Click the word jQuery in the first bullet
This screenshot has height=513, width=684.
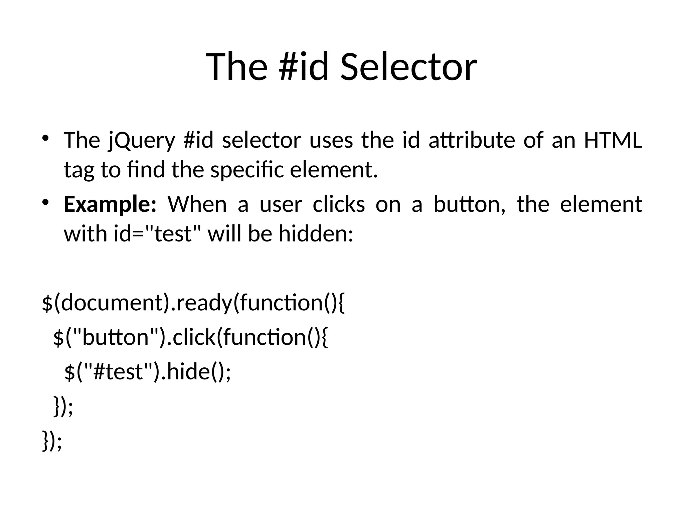point(142,140)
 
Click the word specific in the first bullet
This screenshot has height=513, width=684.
point(247,170)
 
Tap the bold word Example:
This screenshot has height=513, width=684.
point(110,204)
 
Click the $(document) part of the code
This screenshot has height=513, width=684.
point(106,303)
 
